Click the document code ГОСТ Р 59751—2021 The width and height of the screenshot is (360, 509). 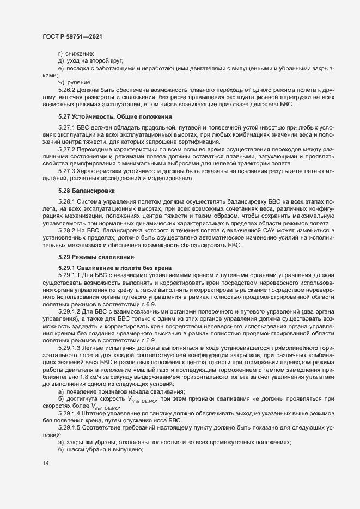pyautogui.click(x=71, y=36)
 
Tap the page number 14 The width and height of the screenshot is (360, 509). pyautogui.click(x=45, y=463)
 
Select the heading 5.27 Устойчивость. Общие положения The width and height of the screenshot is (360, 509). pyautogui.click(x=115, y=116)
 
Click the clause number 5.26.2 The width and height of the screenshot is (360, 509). pyautogui.click(x=66, y=88)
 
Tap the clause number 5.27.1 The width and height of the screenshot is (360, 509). pyautogui.click(x=66, y=126)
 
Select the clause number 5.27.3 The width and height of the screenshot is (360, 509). pyautogui.click(x=66, y=171)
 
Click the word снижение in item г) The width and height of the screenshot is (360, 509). pyautogui.click(x=81, y=53)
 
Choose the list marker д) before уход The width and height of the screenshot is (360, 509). pyautogui.click(x=61, y=60)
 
